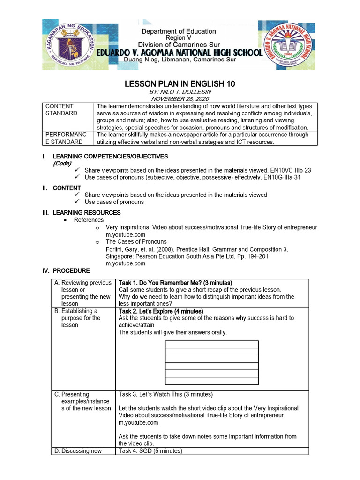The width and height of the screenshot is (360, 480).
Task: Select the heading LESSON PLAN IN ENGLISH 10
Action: click(180, 84)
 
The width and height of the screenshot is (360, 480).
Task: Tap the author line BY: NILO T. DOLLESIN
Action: click(180, 92)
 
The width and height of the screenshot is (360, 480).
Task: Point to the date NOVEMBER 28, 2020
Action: click(180, 99)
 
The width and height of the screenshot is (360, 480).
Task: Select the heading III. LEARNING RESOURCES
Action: click(82, 213)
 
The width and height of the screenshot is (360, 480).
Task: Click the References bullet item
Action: click(89, 220)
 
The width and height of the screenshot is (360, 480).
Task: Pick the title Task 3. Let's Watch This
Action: click(165, 394)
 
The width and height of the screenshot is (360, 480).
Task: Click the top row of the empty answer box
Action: click(212, 345)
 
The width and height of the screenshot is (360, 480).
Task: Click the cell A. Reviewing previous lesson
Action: click(83, 293)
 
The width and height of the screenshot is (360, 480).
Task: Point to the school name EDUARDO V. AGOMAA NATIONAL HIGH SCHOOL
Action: click(180, 52)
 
